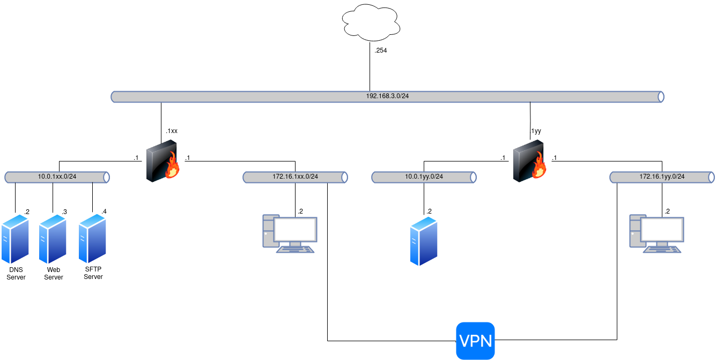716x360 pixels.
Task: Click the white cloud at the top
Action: tap(371, 23)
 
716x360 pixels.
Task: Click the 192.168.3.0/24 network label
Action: tap(387, 97)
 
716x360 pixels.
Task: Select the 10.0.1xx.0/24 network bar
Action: tap(57, 177)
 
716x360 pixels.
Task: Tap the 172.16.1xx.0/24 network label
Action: tap(295, 177)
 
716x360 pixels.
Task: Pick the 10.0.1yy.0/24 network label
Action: tap(424, 177)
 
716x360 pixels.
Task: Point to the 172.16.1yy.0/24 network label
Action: tap(662, 177)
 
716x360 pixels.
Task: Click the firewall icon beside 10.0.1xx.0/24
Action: tap(163, 160)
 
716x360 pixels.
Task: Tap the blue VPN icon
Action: tap(475, 341)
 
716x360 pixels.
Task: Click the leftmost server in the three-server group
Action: tap(15, 239)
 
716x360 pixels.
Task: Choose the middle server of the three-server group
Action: tap(53, 239)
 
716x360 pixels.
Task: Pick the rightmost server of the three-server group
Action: tap(92, 239)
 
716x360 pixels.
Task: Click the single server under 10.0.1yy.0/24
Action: tap(424, 241)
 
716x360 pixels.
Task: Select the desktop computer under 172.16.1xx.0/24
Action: tap(290, 233)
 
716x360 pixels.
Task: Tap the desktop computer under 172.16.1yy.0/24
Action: tap(656, 233)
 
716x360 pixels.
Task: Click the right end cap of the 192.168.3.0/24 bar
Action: tap(661, 97)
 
